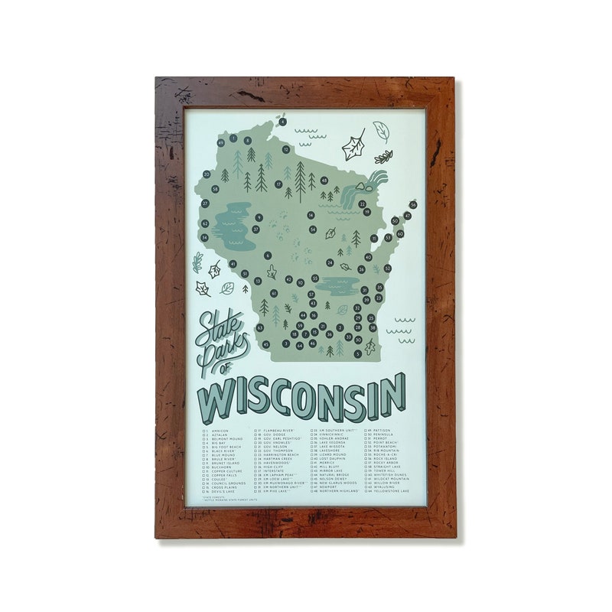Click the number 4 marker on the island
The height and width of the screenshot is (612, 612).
coord(282,122)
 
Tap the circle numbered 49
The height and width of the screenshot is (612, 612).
coord(221,142)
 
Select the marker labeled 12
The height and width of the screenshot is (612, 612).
coord(286,150)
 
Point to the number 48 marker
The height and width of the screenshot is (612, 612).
coord(324,181)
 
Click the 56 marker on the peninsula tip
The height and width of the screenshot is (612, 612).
coord(413,204)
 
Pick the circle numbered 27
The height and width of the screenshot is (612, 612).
coord(205,203)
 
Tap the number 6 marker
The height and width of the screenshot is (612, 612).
coord(268,256)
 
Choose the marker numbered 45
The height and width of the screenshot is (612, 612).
coord(265,344)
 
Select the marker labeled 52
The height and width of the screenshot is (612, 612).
coord(388,269)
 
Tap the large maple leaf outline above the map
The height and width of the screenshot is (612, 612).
coord(353,145)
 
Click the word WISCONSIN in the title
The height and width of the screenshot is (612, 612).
coord(302,396)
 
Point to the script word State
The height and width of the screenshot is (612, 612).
coord(217,325)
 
